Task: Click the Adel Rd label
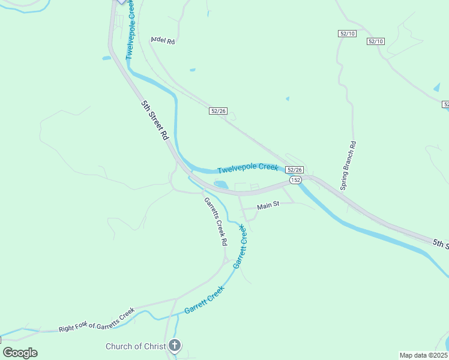point(163,41)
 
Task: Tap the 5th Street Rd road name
point(155,120)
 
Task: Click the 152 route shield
point(295,180)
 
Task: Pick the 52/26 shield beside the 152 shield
point(294,170)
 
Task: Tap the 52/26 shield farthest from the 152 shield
point(218,111)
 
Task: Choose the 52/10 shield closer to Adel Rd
point(347,34)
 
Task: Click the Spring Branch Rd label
point(349,166)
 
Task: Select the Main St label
point(268,206)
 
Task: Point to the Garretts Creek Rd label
point(215,221)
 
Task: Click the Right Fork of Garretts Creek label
point(96,320)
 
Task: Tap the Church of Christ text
point(135,346)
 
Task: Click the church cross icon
point(175,346)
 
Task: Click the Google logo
point(20,353)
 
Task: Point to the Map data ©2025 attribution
point(423,355)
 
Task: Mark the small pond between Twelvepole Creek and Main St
point(220,185)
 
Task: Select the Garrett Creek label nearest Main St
point(240,246)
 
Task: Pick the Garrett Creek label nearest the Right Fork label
point(204,299)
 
